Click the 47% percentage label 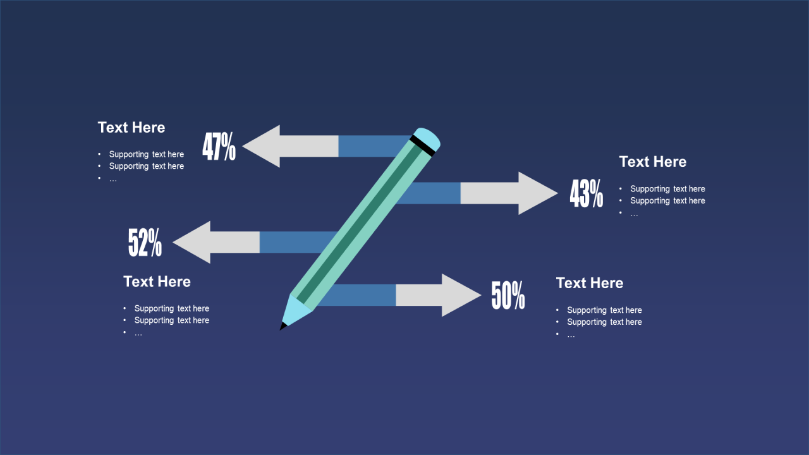[219, 146]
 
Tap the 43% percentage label [587, 193]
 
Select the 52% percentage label [145, 242]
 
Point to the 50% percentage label [508, 295]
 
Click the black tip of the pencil [283, 327]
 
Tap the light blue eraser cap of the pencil [427, 138]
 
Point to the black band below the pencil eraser [422, 146]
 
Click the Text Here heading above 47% [131, 128]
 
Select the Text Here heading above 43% [653, 162]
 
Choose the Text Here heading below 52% [157, 282]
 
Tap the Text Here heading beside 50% [590, 283]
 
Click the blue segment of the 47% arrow [372, 146]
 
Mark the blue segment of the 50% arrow [358, 295]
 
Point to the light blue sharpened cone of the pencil [295, 311]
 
